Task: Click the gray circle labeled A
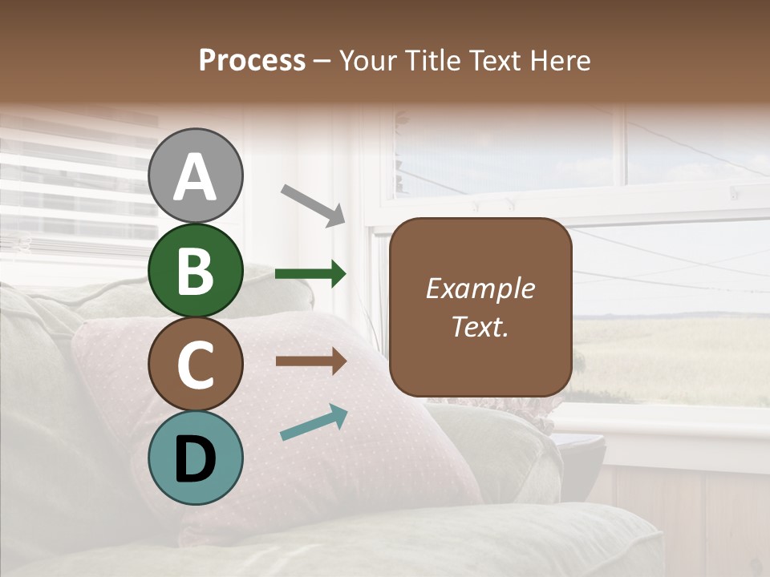pyautogui.click(x=195, y=176)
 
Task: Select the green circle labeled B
pyautogui.click(x=195, y=271)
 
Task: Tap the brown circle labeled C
pyautogui.click(x=195, y=365)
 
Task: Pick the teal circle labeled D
pyautogui.click(x=195, y=458)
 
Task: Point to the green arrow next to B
pyautogui.click(x=310, y=274)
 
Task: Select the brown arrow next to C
pyautogui.click(x=310, y=361)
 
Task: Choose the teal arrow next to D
pyautogui.click(x=314, y=423)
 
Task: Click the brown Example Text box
pyautogui.click(x=480, y=307)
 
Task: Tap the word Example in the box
pyautogui.click(x=480, y=288)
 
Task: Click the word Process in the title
pyautogui.click(x=252, y=60)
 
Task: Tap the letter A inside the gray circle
pyautogui.click(x=195, y=177)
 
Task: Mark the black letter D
pyautogui.click(x=195, y=458)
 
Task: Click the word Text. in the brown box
pyautogui.click(x=480, y=327)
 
